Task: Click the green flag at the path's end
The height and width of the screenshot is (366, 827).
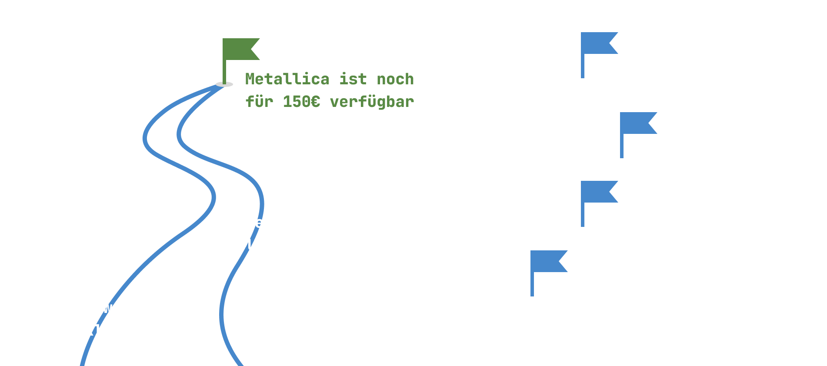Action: click(240, 50)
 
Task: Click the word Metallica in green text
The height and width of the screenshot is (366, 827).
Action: click(287, 79)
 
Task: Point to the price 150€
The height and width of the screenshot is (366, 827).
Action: click(301, 102)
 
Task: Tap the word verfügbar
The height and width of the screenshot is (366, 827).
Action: click(372, 102)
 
